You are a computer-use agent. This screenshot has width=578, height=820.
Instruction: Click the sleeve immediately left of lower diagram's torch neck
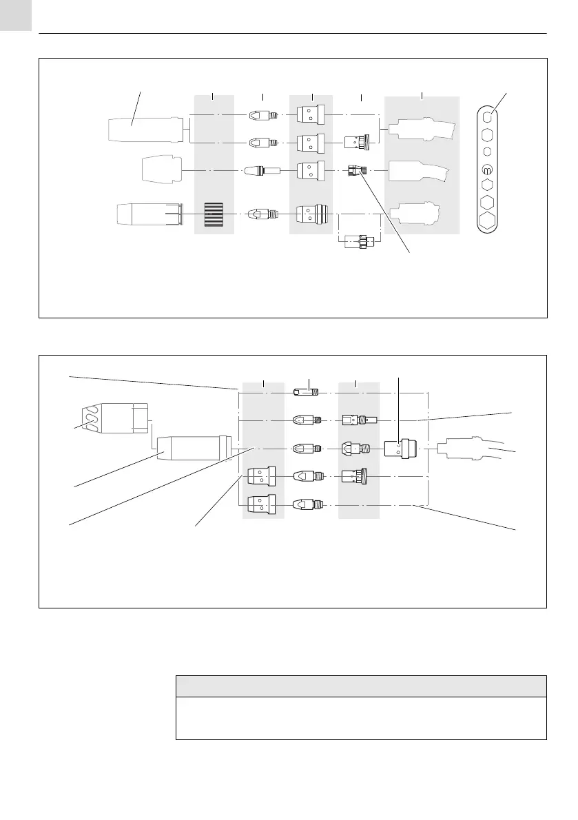[398, 449]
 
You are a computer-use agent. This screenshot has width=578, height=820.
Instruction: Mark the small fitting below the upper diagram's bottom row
[360, 242]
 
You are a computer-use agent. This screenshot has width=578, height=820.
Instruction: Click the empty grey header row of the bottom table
[361, 686]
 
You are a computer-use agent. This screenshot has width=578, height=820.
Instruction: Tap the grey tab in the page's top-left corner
[16, 15]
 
